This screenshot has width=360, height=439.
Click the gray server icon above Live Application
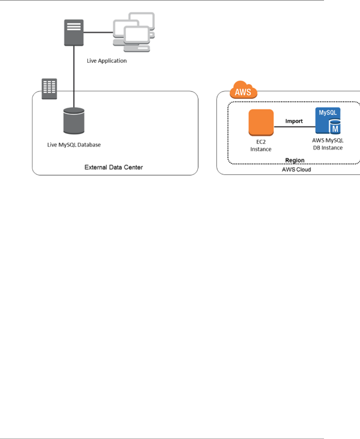[74, 32]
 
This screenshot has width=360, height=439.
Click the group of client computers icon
[134, 32]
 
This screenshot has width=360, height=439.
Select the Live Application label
[107, 61]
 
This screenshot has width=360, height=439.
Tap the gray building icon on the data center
[49, 89]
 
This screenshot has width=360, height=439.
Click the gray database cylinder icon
[74, 121]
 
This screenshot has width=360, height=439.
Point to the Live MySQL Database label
[74, 145]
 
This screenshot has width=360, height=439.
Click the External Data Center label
[114, 167]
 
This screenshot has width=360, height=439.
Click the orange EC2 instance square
[261, 122]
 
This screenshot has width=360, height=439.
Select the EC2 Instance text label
[261, 146]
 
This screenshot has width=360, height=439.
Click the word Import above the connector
[294, 121]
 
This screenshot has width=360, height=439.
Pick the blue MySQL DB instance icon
[328, 121]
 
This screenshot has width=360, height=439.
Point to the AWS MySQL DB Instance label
[328, 144]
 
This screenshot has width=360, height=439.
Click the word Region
[295, 160]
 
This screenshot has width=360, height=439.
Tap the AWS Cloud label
[296, 169]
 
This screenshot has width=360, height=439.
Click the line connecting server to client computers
[98, 32]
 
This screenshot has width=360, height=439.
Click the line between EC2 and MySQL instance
[295, 127]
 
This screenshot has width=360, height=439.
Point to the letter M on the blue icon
[335, 129]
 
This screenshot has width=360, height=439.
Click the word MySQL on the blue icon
[328, 113]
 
